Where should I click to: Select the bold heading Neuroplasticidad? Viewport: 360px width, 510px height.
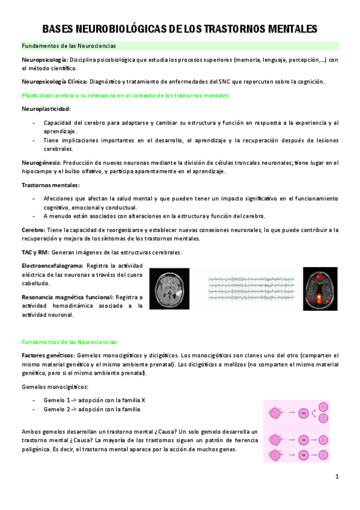(x=46, y=109)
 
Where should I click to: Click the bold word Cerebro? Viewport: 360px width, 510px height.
(x=33, y=230)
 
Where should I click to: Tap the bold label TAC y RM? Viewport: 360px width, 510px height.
(x=35, y=252)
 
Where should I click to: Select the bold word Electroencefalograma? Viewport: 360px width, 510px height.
(x=52, y=265)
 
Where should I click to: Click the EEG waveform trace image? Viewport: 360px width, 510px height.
(x=251, y=289)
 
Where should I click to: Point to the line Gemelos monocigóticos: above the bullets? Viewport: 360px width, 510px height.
(x=55, y=387)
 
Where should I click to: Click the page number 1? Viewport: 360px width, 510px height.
(x=337, y=477)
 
